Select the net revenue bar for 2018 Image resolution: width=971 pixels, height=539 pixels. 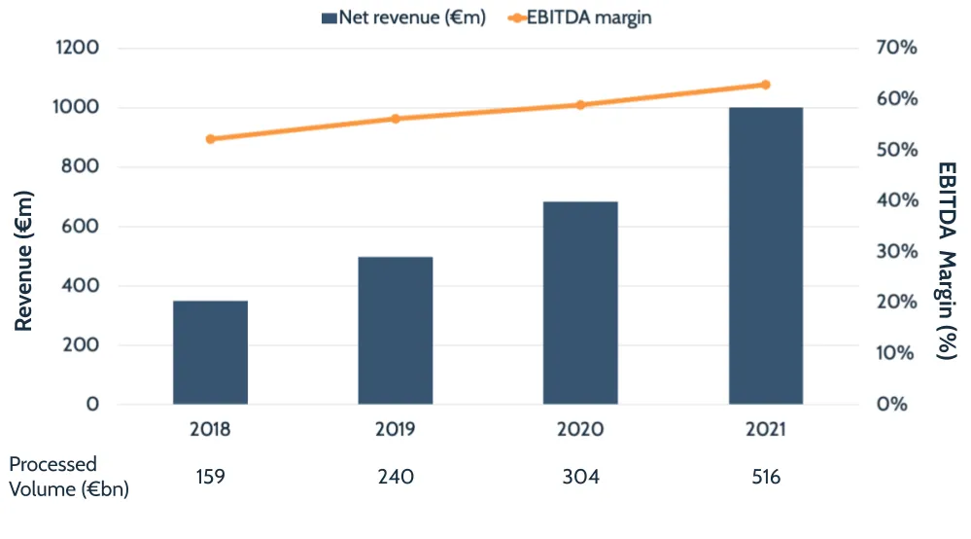(210, 352)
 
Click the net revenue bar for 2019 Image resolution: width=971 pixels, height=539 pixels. (395, 331)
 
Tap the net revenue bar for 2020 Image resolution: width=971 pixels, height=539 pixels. (580, 303)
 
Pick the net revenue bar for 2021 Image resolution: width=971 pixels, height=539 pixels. (766, 256)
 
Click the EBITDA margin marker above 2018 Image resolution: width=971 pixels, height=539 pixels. (210, 139)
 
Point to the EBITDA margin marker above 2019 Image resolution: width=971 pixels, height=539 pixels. (395, 119)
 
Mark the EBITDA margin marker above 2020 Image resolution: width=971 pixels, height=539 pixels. (580, 104)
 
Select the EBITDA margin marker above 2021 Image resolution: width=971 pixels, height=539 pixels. (766, 85)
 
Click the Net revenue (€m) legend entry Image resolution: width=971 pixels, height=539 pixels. (403, 18)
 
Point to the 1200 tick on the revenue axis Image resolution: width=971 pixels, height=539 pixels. (79, 48)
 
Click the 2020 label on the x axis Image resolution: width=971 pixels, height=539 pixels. (580, 429)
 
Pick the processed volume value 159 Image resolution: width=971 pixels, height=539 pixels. (210, 477)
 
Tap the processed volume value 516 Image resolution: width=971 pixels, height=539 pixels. (766, 477)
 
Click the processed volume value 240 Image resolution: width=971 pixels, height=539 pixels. (395, 477)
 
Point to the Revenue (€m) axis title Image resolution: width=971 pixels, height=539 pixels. (24, 261)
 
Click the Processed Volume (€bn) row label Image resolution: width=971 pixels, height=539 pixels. (68, 477)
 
